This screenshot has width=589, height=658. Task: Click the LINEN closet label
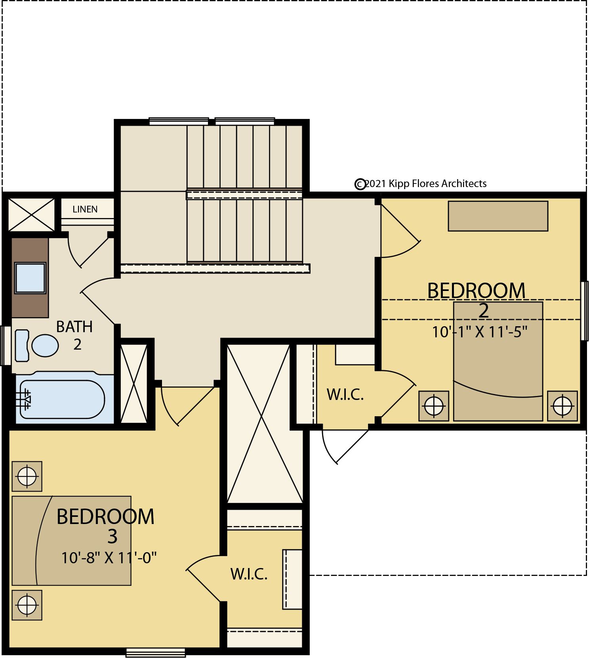click(x=85, y=209)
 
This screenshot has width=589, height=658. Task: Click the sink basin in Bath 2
click(x=30, y=278)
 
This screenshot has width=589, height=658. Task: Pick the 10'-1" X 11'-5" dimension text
click(x=480, y=332)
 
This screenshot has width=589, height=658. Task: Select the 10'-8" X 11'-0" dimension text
click(x=109, y=558)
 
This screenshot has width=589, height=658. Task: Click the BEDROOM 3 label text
click(x=106, y=526)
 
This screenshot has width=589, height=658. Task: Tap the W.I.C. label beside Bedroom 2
click(x=345, y=394)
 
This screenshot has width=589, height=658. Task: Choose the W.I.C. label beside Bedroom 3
click(x=249, y=574)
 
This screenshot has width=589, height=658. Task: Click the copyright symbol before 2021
click(x=360, y=184)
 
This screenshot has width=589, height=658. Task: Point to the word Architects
click(x=464, y=184)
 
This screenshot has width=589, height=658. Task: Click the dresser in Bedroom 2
click(x=498, y=216)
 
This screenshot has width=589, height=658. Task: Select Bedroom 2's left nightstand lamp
click(x=434, y=406)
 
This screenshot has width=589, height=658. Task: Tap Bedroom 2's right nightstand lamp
click(x=562, y=406)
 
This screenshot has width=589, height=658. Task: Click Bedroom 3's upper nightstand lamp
click(x=27, y=476)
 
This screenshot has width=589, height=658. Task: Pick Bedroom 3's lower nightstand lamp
click(x=27, y=605)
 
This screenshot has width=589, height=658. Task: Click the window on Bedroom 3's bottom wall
click(x=156, y=652)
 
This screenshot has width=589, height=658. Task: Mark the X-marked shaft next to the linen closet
click(x=32, y=214)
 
